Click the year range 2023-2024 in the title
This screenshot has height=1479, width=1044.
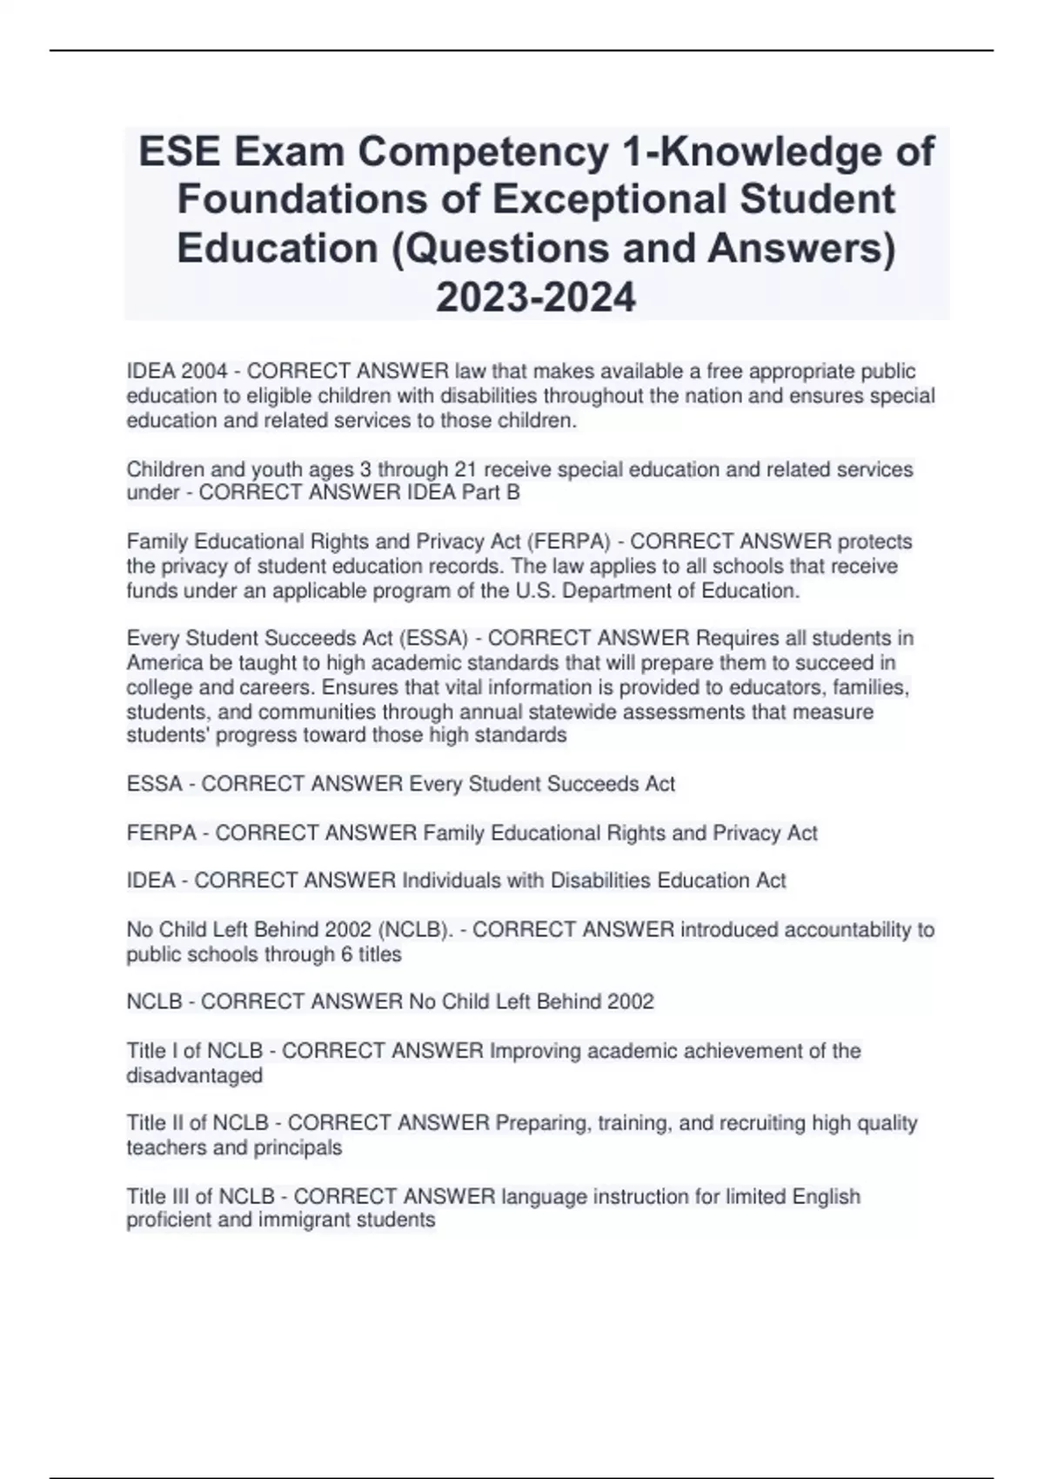(536, 298)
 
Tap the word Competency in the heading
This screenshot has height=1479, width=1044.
(485, 152)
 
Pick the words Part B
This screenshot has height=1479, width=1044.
(498, 493)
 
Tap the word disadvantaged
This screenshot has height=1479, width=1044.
(194, 1075)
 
